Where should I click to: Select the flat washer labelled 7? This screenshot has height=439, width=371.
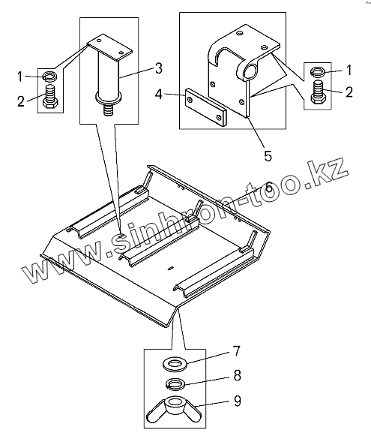click(x=175, y=364)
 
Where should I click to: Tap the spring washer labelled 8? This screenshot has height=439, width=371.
click(x=175, y=383)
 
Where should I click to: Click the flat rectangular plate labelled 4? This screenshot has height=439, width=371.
click(x=206, y=107)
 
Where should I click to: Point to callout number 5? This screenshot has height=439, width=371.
click(x=268, y=156)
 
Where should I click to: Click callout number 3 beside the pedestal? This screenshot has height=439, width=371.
click(x=159, y=68)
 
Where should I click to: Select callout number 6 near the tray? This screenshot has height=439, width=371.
click(x=268, y=187)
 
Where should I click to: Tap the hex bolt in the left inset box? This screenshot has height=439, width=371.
click(x=51, y=97)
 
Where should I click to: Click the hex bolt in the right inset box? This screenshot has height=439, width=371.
click(x=318, y=92)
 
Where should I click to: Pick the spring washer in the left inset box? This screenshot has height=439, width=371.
click(x=50, y=76)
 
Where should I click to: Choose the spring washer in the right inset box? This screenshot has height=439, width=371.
click(x=318, y=72)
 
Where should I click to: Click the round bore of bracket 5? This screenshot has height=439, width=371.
click(x=250, y=71)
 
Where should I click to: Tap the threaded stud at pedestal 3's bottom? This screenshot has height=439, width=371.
click(x=109, y=110)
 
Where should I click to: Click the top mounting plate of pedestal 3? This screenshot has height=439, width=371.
click(x=109, y=47)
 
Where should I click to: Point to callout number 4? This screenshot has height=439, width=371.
click(x=159, y=95)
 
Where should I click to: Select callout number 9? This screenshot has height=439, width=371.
click(x=237, y=401)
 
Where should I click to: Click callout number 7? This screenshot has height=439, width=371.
click(x=237, y=351)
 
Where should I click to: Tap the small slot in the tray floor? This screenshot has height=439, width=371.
click(x=171, y=268)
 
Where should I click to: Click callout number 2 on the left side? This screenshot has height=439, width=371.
click(x=21, y=101)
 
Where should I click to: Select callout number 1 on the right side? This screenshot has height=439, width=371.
click(x=349, y=70)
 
